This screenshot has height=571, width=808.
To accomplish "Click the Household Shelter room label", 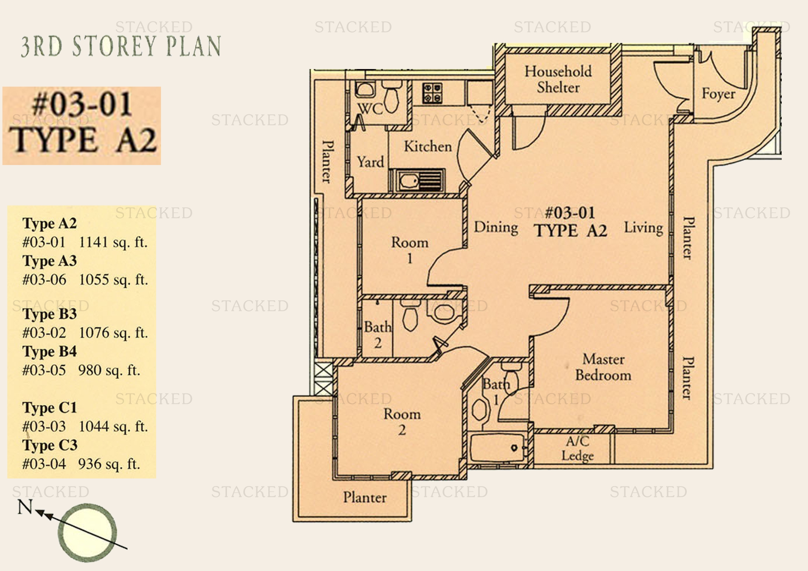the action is coord(558,79).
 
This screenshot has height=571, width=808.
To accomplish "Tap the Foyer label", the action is coord(718,94).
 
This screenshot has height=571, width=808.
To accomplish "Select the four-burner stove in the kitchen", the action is coord(432,93).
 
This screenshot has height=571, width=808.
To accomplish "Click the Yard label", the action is coord(370,162).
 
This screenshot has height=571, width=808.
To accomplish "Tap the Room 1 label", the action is coord(410,250).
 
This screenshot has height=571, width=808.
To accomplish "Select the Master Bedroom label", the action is coord(603,367).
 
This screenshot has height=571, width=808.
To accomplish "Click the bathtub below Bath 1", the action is coord(497,447).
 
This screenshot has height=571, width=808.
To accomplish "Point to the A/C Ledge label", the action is coord(578,448).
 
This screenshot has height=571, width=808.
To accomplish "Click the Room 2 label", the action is coord(402,422).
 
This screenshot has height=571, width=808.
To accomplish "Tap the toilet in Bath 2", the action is coord(410,317).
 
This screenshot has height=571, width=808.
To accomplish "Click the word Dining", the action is coord(496,227).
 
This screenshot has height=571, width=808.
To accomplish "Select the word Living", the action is coord(643,228).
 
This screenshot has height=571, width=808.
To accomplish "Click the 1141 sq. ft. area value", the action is coord(113,242).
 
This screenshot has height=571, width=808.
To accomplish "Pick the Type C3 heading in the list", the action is coord(50,445).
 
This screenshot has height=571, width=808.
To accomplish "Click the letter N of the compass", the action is coord(25,507).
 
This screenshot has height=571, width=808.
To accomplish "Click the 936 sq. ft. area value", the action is coord(109,464).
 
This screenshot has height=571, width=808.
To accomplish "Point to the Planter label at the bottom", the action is coord(365,497).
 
